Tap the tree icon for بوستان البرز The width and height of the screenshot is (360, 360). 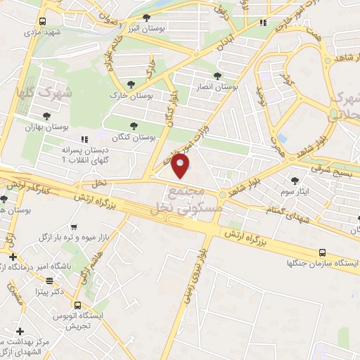pyautogui.click(x=146, y=18)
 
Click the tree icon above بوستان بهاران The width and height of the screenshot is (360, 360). pyautogui.click(x=46, y=116)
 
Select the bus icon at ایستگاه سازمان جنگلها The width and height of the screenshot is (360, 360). pyautogui.click(x=322, y=252)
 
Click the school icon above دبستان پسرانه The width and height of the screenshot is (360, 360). pyautogui.click(x=84, y=139)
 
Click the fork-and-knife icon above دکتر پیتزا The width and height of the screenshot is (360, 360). pyautogui.click(x=49, y=281)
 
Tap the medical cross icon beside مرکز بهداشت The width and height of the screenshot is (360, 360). pyautogui.click(x=20, y=331)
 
